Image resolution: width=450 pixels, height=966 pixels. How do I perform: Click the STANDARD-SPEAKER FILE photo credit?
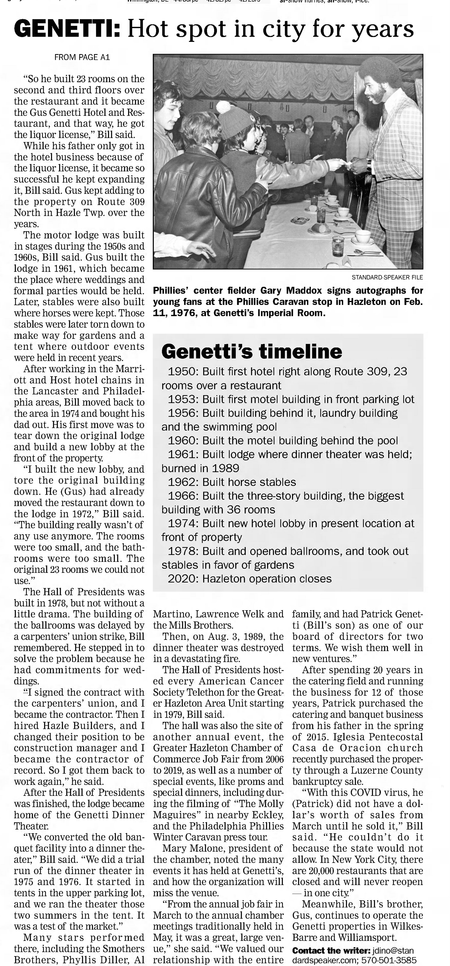pos(387,277)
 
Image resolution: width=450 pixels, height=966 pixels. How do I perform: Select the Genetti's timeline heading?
pos(251,351)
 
